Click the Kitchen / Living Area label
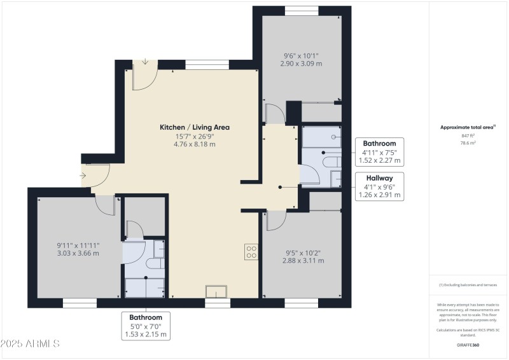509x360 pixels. [194, 127]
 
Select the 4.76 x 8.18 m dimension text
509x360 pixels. [194, 144]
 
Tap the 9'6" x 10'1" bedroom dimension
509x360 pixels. [302, 55]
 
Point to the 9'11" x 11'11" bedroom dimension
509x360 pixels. [78, 245]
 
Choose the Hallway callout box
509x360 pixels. [379, 186]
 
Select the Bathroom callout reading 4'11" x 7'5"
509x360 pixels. [379, 152]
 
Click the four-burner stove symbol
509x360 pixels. [251, 252]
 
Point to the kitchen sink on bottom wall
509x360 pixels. [216, 292]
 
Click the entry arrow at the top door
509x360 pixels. [146, 62]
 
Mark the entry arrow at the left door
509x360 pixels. [84, 175]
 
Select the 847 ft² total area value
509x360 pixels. [468, 136]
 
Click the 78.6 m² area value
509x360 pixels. [468, 143]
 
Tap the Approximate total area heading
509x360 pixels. [468, 127]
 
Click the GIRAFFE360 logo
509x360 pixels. [468, 344]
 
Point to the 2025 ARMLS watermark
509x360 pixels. [30, 344]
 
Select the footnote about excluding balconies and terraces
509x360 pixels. [468, 285]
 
